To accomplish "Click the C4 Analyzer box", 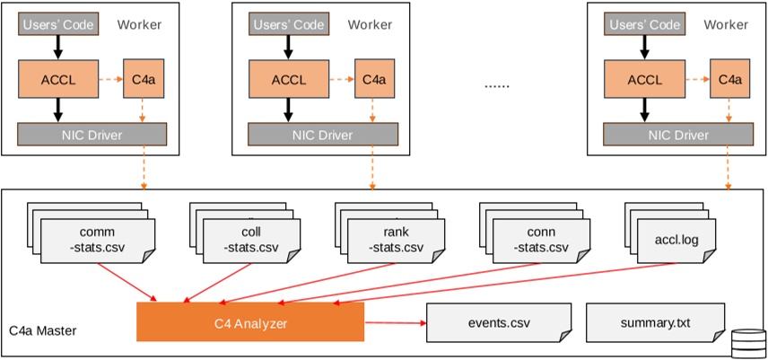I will [x=250, y=321].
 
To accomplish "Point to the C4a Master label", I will [x=42, y=331].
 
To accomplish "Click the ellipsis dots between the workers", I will [x=496, y=85].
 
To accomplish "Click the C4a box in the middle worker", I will [x=373, y=79].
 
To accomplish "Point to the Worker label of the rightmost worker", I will [x=725, y=24].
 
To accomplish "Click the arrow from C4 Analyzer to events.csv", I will [x=395, y=321].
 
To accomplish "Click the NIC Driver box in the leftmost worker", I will [x=93, y=135].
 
